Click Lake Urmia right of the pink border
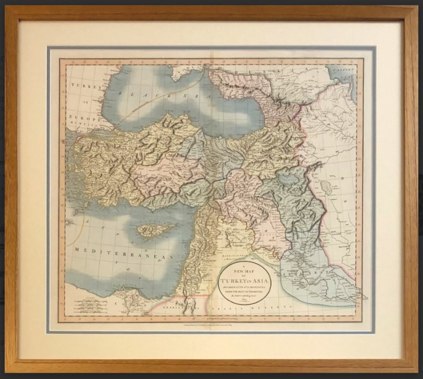coord(326,186)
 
